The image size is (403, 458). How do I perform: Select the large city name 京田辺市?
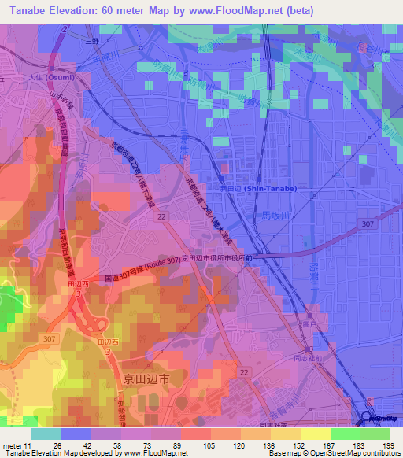146,379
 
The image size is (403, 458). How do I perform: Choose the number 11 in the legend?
30,445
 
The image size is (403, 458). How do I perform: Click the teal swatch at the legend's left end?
46,434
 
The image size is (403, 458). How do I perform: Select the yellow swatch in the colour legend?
315,434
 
